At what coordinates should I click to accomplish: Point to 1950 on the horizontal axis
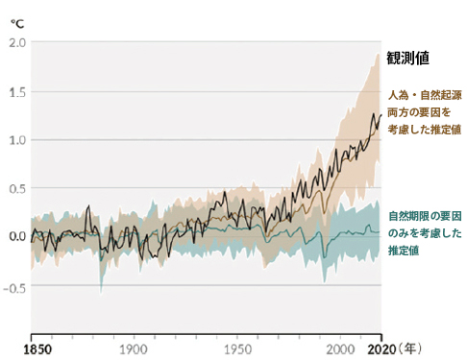(x=236, y=348)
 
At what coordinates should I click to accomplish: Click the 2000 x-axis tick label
(x=341, y=348)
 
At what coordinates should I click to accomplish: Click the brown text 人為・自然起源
(x=424, y=97)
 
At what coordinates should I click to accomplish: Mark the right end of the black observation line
(x=381, y=115)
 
